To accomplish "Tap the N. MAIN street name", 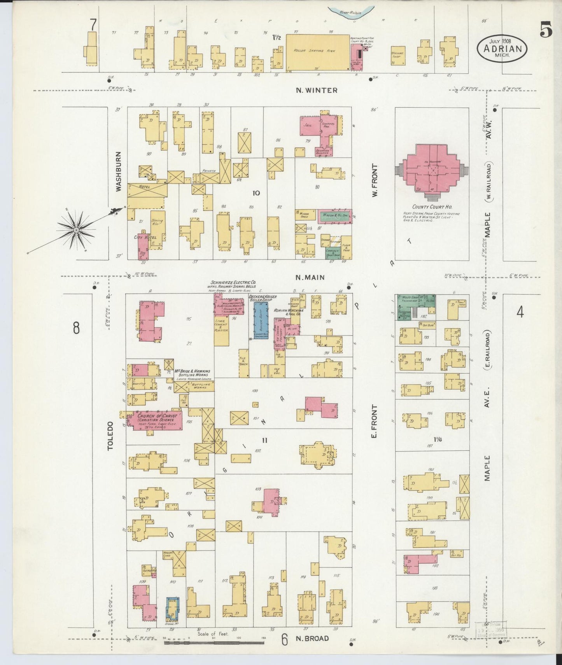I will coord(310,277).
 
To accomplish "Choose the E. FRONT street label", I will coord(374,421).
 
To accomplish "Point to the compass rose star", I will coord(77,230).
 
